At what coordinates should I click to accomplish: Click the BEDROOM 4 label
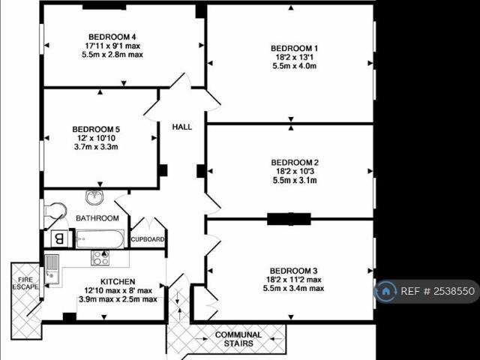pos(112,37)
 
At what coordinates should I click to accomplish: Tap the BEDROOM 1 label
pos(295,49)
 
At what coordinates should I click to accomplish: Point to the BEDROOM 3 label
pos(295,271)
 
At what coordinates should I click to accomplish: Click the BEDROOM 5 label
pos(96,129)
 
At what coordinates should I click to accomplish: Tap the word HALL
pos(182,127)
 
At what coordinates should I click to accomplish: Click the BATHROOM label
pos(97,218)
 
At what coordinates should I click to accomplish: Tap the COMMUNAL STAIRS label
pos(238,339)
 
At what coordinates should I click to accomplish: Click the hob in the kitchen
pos(100,258)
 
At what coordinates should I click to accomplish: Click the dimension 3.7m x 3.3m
pos(96,147)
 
